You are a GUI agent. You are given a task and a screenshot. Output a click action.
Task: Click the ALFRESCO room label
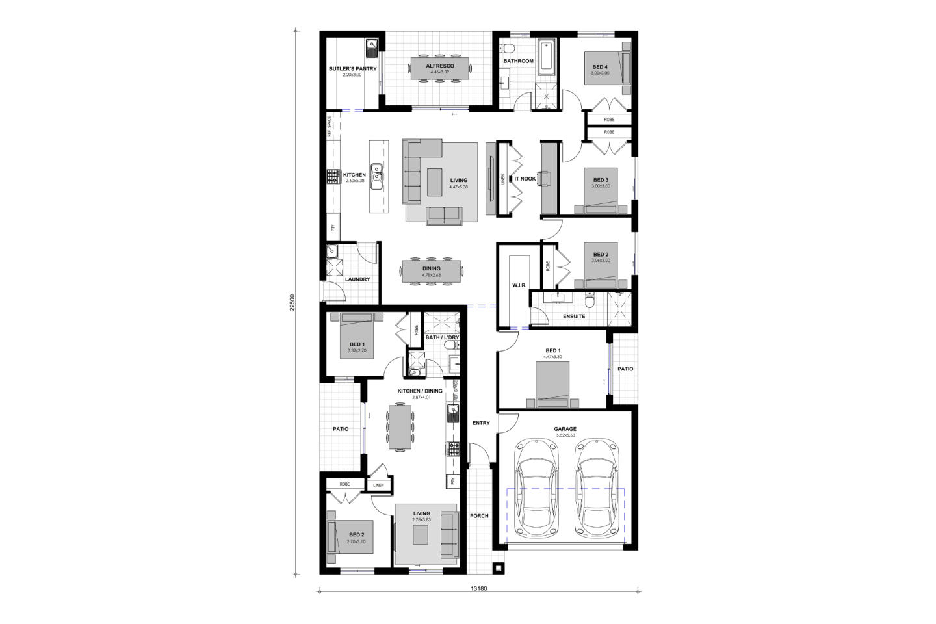pos(440,66)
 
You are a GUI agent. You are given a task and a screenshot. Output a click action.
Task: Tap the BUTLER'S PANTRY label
pos(352,68)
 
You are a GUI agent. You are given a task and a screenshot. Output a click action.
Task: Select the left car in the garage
pos(535,488)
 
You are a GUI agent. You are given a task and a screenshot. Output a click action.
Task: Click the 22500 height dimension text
pos(293,303)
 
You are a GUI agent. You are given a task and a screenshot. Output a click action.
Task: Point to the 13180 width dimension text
pos(478,589)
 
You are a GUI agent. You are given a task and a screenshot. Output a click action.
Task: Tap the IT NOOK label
pos(525,178)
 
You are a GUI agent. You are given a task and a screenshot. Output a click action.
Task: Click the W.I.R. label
pos(519,285)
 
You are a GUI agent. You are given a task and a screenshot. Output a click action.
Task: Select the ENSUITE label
pos(573,317)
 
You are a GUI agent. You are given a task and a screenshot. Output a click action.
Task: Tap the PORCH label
pos(479,516)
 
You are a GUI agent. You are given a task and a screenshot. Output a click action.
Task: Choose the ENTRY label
pos(481,423)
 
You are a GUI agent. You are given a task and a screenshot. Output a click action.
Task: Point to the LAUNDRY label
pos(357,279)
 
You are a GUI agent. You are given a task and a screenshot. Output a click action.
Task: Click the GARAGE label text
pos(565,429)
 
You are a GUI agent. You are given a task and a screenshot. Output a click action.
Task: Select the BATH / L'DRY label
pos(442,337)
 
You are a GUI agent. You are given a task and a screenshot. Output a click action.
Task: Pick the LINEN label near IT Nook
pos(503,179)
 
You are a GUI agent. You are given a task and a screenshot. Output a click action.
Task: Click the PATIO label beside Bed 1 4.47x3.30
pos(625,369)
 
